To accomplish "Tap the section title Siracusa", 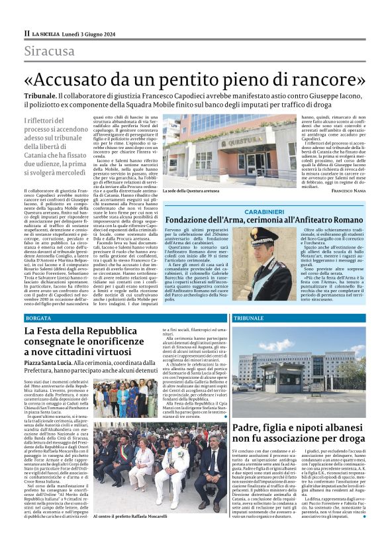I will click(50, 51).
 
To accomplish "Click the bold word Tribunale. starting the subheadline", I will click(42, 96).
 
